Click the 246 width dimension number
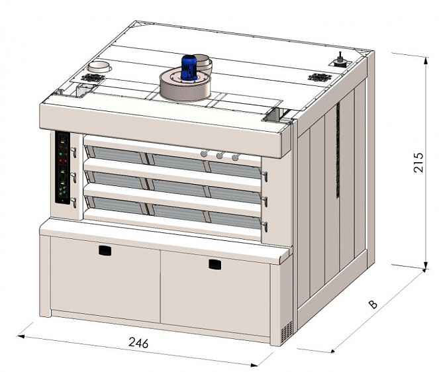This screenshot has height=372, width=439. pyautogui.click(x=138, y=342)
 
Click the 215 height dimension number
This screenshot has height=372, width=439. pyautogui.click(x=418, y=162)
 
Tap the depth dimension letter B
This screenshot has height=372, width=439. pyautogui.click(x=373, y=304)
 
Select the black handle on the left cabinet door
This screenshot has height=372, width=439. pyautogui.click(x=105, y=250)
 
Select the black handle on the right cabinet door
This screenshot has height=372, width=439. pyautogui.click(x=215, y=265)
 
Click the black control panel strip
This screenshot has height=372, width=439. pyautogui.click(x=62, y=167)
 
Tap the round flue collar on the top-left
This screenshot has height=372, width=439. pyautogui.click(x=99, y=68)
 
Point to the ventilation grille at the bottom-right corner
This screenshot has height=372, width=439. pyautogui.click(x=287, y=332)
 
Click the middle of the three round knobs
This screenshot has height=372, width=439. pyautogui.click(x=220, y=156)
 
